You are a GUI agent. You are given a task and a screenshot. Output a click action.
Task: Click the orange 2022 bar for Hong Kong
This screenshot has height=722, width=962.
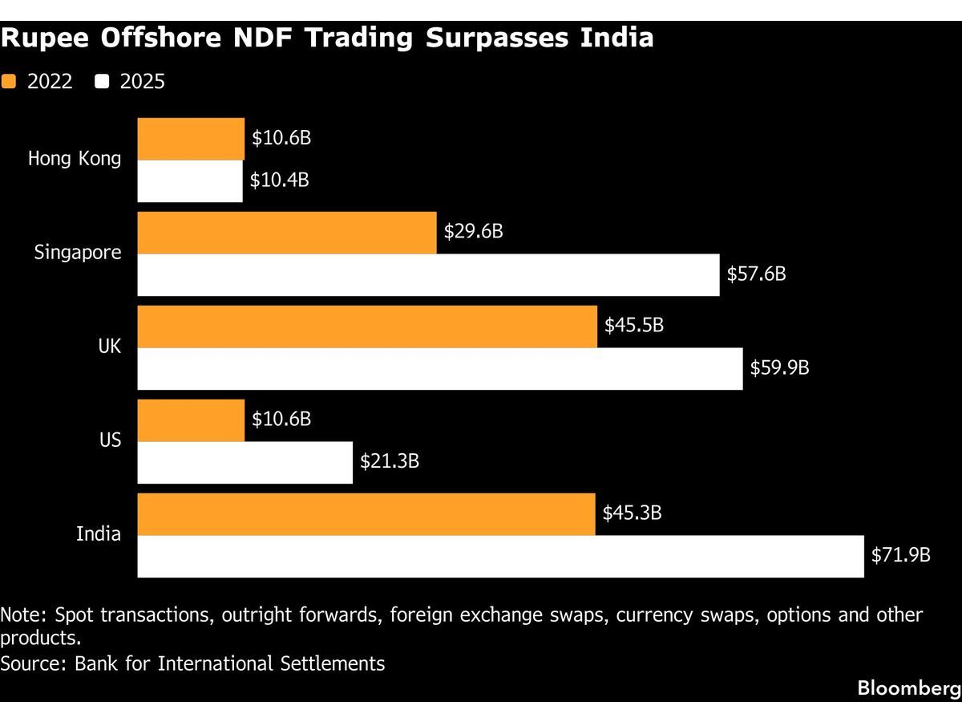191,139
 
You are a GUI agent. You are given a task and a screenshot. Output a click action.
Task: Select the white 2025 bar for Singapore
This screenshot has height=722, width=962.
428,275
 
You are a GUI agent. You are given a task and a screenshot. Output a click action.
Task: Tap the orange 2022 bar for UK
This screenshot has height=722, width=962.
367,327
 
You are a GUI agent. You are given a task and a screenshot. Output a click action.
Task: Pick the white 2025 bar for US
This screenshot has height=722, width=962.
245,462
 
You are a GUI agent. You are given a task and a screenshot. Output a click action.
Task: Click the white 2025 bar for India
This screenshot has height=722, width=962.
500,556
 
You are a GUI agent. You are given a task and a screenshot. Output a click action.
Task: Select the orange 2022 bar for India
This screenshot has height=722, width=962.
366,514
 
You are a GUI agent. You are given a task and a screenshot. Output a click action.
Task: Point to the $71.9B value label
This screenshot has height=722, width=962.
900,555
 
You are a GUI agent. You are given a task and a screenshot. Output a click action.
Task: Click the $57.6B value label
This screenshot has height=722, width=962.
756,274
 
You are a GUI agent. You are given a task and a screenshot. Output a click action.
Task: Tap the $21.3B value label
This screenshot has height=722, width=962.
390,461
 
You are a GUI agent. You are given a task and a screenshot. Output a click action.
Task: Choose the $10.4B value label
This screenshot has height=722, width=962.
279,180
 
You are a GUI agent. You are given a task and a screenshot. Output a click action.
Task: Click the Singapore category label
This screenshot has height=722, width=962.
78,253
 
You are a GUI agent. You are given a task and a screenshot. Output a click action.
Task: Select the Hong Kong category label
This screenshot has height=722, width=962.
75,159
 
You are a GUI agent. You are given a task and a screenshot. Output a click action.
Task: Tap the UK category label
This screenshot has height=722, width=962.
109,347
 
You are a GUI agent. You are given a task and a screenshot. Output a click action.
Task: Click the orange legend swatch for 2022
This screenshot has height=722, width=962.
9,81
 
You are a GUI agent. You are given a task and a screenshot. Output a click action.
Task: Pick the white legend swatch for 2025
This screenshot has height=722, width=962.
102,81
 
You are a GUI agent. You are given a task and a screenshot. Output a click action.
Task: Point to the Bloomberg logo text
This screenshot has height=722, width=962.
908,688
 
